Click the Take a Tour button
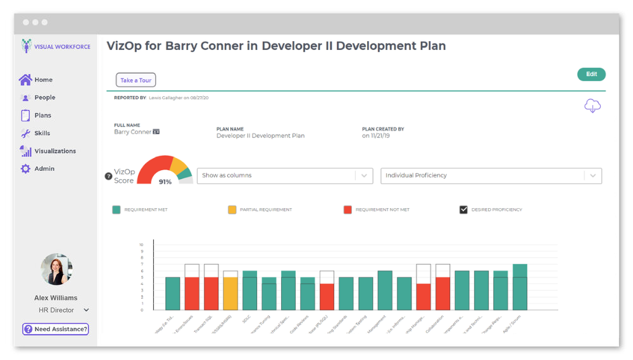coord(135,80)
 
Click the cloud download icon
coord(592,106)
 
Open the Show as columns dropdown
coord(285,176)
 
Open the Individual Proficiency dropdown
coord(491,176)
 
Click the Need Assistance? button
coord(55,329)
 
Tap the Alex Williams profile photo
coord(56,270)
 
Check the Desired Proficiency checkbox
coord(463,209)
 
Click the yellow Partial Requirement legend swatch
coord(232,209)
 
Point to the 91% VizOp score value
coord(165,182)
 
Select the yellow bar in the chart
coord(231,293)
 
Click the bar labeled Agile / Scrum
coord(520,287)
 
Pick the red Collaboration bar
coord(443,293)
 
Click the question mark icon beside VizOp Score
coord(108,177)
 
